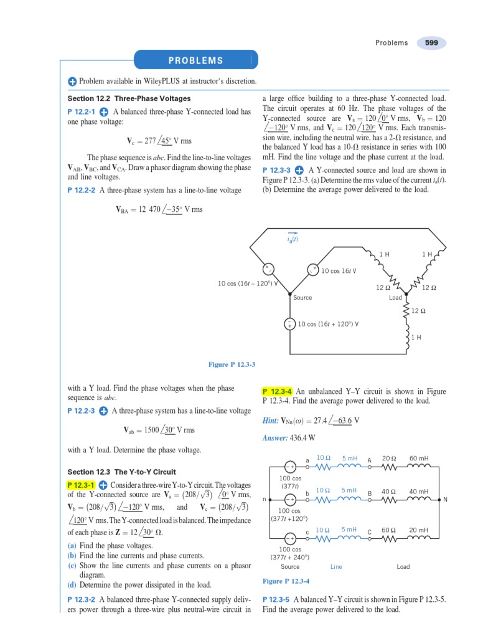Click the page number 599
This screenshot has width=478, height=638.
431,43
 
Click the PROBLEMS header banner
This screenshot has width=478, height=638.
195,60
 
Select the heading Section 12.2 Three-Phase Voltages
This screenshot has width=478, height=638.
129,98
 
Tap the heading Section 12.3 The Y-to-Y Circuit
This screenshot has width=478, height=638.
121,472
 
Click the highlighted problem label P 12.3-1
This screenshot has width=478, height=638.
80,485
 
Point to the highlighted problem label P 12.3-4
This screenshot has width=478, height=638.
278,391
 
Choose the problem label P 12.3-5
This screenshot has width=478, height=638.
277,599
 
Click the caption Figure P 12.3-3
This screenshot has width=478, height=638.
232,364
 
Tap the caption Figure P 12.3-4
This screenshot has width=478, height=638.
286,581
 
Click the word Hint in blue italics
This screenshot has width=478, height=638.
272,421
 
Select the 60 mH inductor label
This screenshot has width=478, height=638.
418,458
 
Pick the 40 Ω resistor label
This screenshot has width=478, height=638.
389,492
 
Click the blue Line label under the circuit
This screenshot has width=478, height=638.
336,567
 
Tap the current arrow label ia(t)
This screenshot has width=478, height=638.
293,239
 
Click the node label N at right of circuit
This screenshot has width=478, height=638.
445,499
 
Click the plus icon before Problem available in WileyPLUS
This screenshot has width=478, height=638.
72,82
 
